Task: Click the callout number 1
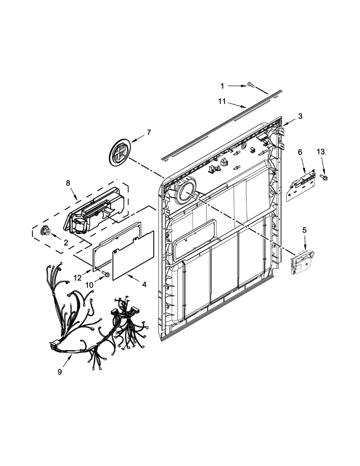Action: point(223,85)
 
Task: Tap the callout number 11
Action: point(222,101)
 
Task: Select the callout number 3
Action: point(300,116)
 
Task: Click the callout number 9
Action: point(60,372)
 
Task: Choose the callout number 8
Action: point(68,183)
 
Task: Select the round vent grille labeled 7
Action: point(119,154)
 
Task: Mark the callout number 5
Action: point(304,230)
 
